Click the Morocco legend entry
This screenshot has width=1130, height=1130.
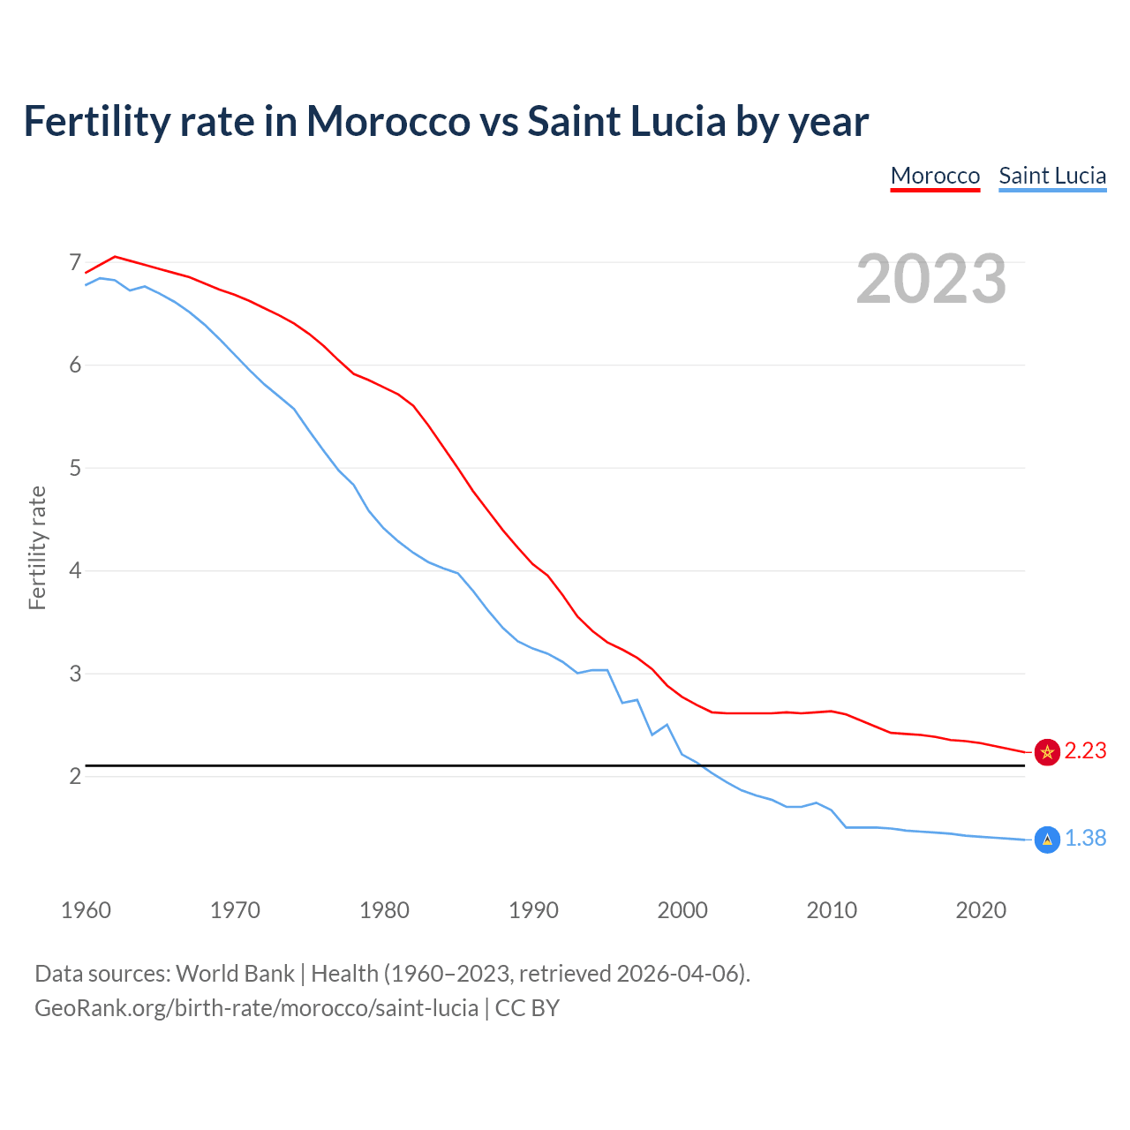pos(935,176)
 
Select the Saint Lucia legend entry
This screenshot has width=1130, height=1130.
pos(1052,176)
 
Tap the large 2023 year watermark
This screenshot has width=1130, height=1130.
pos(930,279)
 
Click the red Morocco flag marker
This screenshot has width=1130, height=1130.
pos(1047,751)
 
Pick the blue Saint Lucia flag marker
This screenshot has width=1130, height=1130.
pos(1047,840)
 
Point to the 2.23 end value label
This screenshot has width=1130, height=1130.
pos(1085,750)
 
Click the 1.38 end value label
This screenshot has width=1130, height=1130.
pos(1085,838)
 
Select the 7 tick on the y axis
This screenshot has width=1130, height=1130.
pos(75,263)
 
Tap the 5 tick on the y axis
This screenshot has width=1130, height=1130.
pos(75,468)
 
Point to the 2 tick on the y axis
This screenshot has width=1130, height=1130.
pos(75,777)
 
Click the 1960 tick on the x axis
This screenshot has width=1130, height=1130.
pos(86,910)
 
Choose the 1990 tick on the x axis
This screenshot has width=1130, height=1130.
pos(533,910)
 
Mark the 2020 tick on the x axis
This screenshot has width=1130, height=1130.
pos(981,910)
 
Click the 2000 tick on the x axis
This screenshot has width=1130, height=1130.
pos(682,910)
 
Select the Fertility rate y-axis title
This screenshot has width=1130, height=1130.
pos(37,547)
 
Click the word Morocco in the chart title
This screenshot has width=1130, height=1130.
pos(388,121)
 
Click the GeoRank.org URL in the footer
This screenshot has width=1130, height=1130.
pos(256,1007)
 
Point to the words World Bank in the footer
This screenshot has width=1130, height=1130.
pos(235,974)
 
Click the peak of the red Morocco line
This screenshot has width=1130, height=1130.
pos(115,256)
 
